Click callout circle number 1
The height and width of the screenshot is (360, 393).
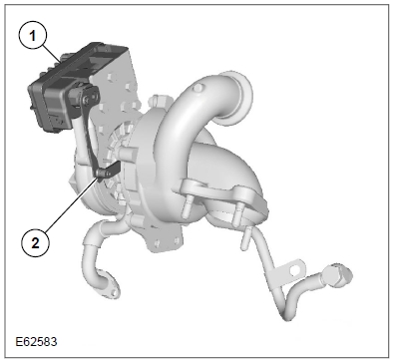click(33, 36)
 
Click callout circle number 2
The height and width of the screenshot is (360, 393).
click(35, 243)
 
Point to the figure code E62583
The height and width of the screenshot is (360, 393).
click(36, 341)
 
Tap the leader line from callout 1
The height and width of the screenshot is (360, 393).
click(52, 54)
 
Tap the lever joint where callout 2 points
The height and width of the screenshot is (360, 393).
click(100, 174)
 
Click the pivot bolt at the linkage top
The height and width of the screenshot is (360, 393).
click(87, 99)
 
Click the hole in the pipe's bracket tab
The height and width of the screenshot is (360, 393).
click(294, 270)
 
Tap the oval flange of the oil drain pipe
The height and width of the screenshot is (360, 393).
click(109, 289)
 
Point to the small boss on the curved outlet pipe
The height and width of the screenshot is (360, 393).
click(197, 88)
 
